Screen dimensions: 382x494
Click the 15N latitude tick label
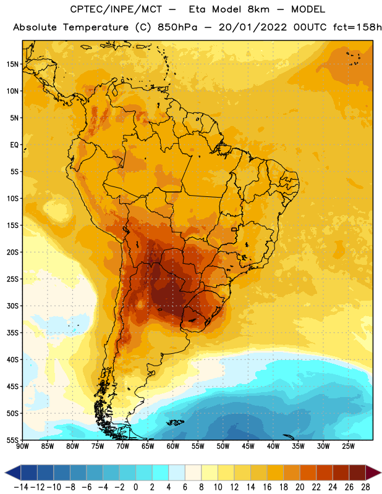pos(12,64)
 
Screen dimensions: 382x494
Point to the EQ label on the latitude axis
pos(14,145)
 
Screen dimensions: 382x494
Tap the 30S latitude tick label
pos(12,306)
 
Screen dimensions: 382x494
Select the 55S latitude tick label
pos(12,440)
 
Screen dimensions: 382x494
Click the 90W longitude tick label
pos(22,446)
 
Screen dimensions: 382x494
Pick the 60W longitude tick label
pos(173,446)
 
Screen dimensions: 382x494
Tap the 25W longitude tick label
pos(348,446)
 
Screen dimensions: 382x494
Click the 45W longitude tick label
pos(248,446)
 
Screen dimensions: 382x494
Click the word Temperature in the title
pos(96,27)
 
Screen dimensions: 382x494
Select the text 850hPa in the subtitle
pos(177,27)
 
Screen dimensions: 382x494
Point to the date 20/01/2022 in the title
pos(253,27)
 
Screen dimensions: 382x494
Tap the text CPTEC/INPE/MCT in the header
pos(116,9)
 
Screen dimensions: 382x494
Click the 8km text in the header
pos(258,9)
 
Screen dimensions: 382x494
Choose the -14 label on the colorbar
pos(21,487)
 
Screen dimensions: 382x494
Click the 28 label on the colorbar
pos(365,487)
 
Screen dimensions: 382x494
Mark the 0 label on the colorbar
pos(135,487)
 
